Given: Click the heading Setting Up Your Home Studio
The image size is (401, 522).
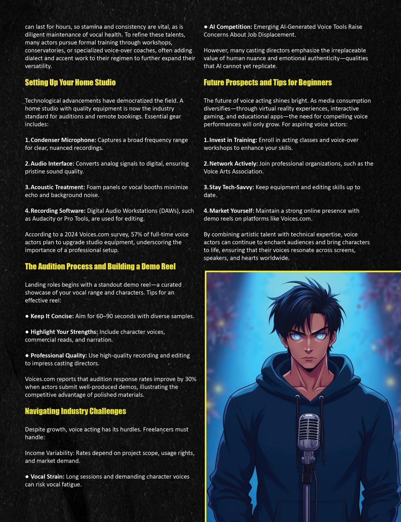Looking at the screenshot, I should pyautogui.click(x=70, y=83).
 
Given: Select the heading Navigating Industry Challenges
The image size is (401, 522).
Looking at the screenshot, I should pyautogui.click(x=75, y=411).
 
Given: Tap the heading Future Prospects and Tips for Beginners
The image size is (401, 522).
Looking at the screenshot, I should pyautogui.click(x=267, y=83).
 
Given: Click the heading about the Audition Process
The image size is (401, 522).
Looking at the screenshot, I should pyautogui.click(x=100, y=266).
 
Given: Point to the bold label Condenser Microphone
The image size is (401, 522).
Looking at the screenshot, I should pyautogui.click(x=63, y=140).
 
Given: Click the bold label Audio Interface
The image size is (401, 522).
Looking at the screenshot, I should pyautogui.click(x=52, y=164).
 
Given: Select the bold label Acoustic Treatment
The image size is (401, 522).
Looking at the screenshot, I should pyautogui.click(x=57, y=187).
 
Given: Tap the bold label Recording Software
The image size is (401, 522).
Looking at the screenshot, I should pyautogui.click(x=58, y=211).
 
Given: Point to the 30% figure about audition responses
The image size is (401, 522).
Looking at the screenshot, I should pyautogui.click(x=190, y=379).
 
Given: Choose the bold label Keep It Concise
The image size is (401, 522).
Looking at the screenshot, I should pyautogui.click(x=52, y=316).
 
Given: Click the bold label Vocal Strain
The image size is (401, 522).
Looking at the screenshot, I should pyautogui.click(x=47, y=477).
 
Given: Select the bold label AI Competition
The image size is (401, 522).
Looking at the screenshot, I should pyautogui.click(x=230, y=27).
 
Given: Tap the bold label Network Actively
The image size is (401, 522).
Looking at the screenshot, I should pyautogui.click(x=233, y=164).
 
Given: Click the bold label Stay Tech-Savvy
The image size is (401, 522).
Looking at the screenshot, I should pyautogui.click(x=231, y=187).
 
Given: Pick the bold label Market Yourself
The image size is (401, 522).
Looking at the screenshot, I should pyautogui.click(x=231, y=211).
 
